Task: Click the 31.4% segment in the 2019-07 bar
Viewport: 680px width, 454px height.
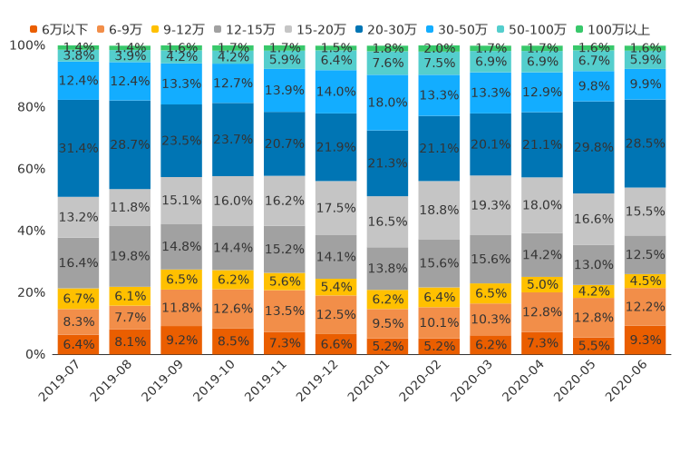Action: pos(78,148)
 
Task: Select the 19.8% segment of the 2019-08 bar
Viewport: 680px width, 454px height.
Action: pos(130,256)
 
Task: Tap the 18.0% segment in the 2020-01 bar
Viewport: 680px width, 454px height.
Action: pos(388,103)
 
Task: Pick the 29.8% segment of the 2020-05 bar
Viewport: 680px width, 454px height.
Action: pos(594,147)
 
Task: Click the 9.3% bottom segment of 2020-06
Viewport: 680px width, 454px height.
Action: pos(646,340)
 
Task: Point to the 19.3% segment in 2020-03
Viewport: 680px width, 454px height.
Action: pos(491,205)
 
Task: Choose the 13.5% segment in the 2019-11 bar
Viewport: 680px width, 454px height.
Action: pos(285,311)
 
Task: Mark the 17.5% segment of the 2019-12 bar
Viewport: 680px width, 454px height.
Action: pos(336,208)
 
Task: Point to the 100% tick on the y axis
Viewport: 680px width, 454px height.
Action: pos(26,45)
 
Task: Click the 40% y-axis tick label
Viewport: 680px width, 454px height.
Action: pos(30,231)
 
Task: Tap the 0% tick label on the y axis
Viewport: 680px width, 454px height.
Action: pos(34,354)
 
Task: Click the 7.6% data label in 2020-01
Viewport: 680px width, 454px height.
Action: pos(388,63)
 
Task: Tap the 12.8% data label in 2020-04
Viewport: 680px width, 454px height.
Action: pos(542,312)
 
